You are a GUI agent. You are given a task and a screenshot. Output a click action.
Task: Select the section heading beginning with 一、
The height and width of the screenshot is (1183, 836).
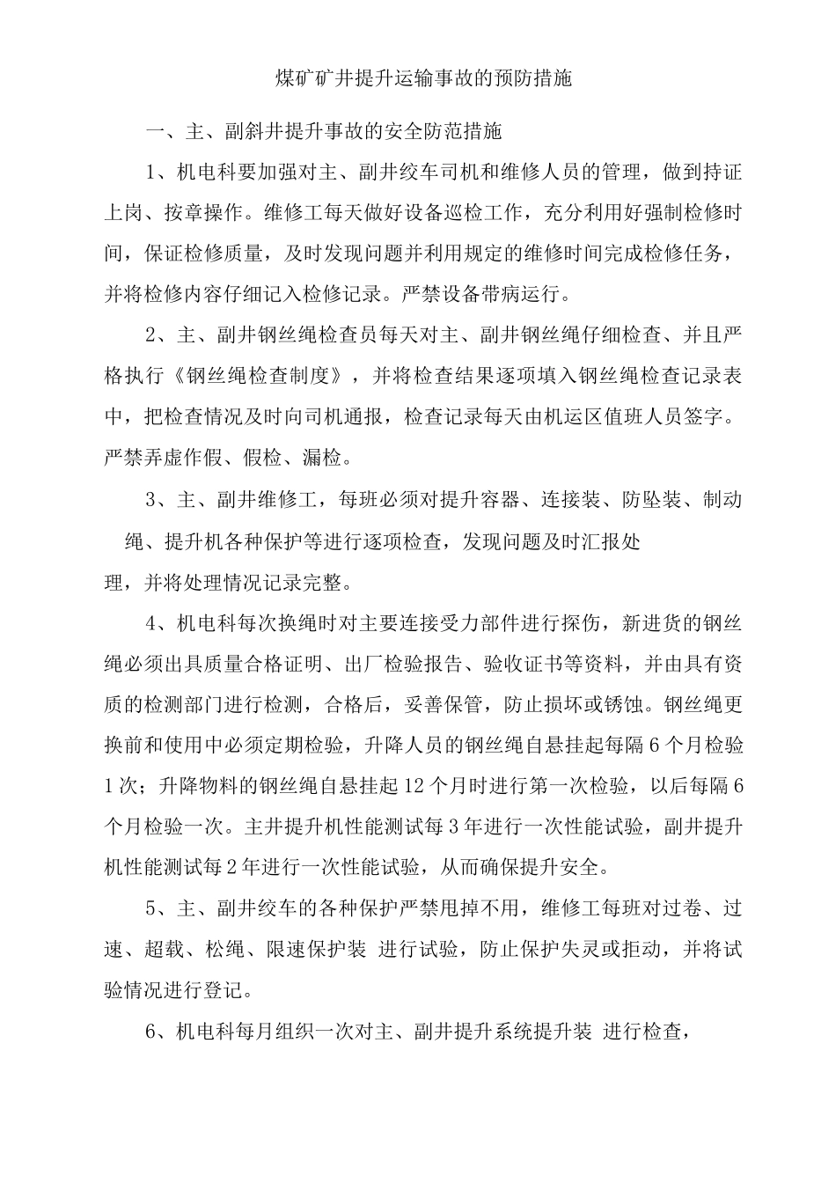pyautogui.click(x=323, y=132)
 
